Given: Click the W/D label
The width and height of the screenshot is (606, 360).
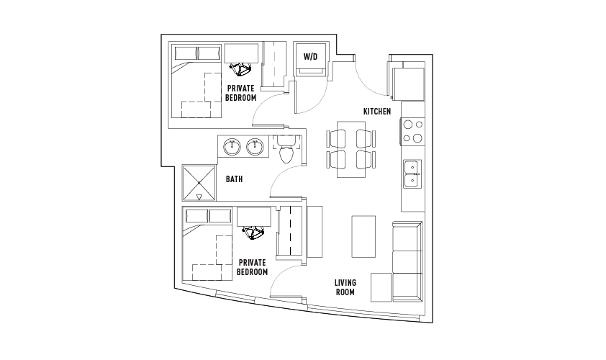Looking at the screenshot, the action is click(310, 57).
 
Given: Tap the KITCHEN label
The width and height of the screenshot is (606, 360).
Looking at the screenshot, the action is click(377, 112).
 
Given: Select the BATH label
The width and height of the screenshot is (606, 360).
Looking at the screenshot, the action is click(234, 179).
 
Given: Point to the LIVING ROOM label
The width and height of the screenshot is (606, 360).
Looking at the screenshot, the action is click(345, 287).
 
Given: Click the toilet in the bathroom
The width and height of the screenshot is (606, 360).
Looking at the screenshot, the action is click(286, 150).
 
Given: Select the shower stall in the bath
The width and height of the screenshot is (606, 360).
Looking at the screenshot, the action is click(199, 183).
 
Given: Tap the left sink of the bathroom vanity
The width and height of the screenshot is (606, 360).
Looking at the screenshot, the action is click(232, 146).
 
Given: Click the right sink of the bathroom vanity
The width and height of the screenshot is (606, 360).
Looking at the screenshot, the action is click(255, 146).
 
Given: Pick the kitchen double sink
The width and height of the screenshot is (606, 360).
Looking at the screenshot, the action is click(412, 174).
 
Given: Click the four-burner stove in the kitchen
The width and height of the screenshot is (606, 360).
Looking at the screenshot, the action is click(412, 132).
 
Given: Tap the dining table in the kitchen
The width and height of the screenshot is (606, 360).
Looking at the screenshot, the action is click(351, 149).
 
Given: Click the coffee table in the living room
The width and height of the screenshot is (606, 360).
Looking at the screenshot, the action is click(363, 236).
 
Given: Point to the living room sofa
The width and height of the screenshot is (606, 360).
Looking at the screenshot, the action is click(407, 261).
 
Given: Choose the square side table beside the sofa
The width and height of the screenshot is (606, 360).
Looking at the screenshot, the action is click(381, 287).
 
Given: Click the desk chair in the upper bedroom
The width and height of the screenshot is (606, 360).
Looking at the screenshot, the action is click(240, 69).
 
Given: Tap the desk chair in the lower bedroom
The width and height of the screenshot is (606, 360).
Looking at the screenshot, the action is click(253, 233).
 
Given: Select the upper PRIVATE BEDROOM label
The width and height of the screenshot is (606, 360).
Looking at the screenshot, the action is click(241, 93).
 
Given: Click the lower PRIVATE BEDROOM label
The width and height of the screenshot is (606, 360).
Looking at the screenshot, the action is click(253, 267).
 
